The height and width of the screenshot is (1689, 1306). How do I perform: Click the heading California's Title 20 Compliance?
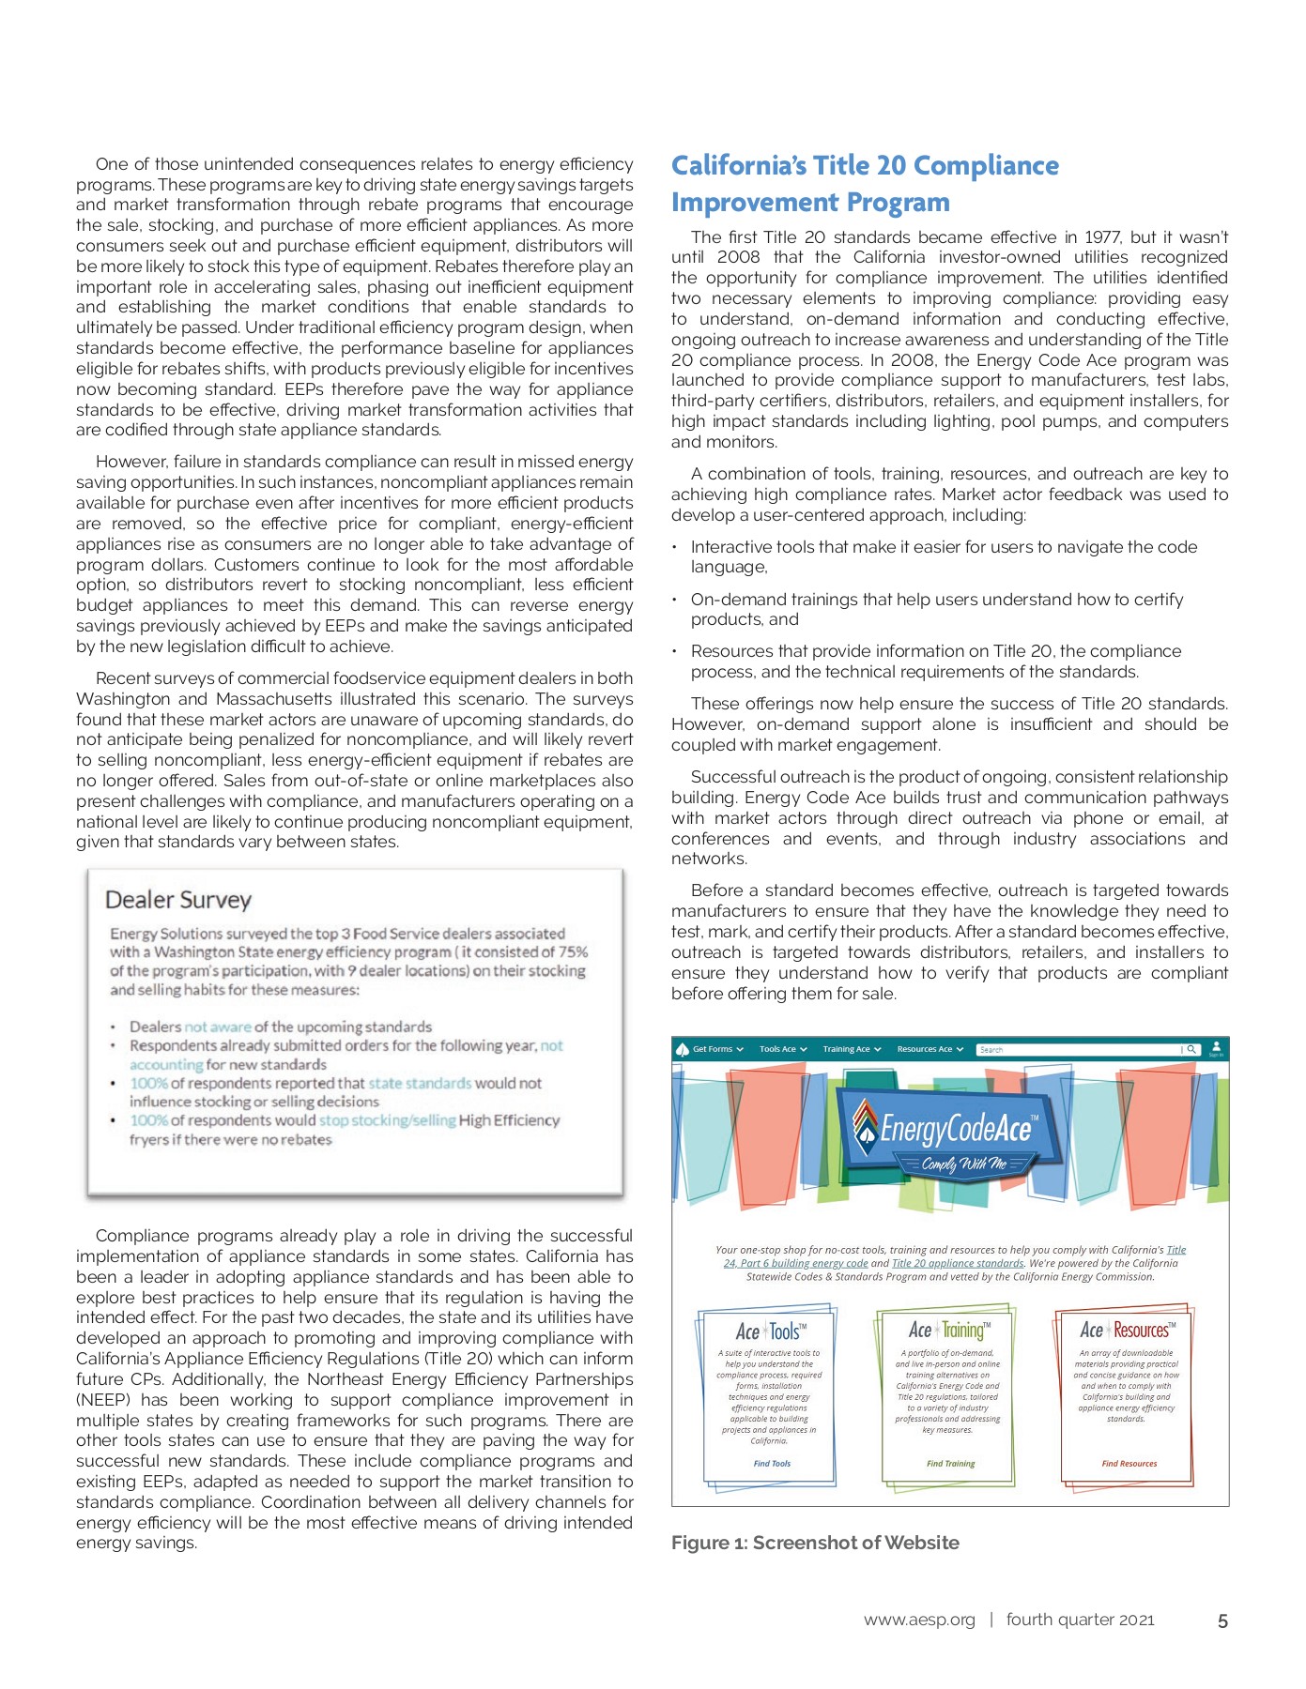tap(865, 166)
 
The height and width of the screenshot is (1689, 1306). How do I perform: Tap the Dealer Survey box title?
tap(178, 900)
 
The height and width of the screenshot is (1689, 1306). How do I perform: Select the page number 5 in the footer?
tap(1221, 1621)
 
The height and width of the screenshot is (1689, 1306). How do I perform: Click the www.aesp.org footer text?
tap(919, 1620)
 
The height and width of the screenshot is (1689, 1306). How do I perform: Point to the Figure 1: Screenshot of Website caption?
tap(815, 1543)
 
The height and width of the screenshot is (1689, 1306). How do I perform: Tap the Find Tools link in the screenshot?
tap(772, 1463)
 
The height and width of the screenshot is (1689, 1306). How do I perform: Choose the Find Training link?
tap(950, 1463)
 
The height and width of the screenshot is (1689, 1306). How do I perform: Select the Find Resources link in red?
tap(1129, 1463)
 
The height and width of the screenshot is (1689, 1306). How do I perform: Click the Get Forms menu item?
tap(713, 1049)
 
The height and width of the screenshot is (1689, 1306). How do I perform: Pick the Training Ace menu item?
tap(847, 1049)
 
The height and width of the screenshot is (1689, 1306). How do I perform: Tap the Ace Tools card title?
tap(770, 1331)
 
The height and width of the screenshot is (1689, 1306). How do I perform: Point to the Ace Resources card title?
tap(1127, 1330)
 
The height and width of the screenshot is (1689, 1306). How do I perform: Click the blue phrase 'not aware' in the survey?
tap(217, 1027)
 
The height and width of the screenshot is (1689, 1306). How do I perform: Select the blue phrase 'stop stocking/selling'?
tap(387, 1120)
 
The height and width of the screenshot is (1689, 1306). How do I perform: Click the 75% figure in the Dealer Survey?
tap(573, 951)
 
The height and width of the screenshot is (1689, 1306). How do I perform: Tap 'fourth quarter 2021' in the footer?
tap(1080, 1620)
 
